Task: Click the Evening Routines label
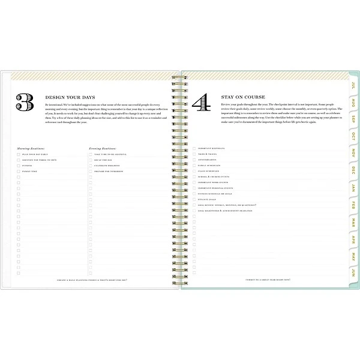click(102, 148)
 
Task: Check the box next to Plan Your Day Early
click(19, 154)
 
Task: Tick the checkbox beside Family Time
click(19, 172)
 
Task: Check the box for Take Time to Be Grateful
click(91, 154)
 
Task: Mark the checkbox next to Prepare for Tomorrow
click(91, 172)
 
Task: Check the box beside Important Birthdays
click(194, 148)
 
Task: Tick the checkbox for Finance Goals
click(194, 199)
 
